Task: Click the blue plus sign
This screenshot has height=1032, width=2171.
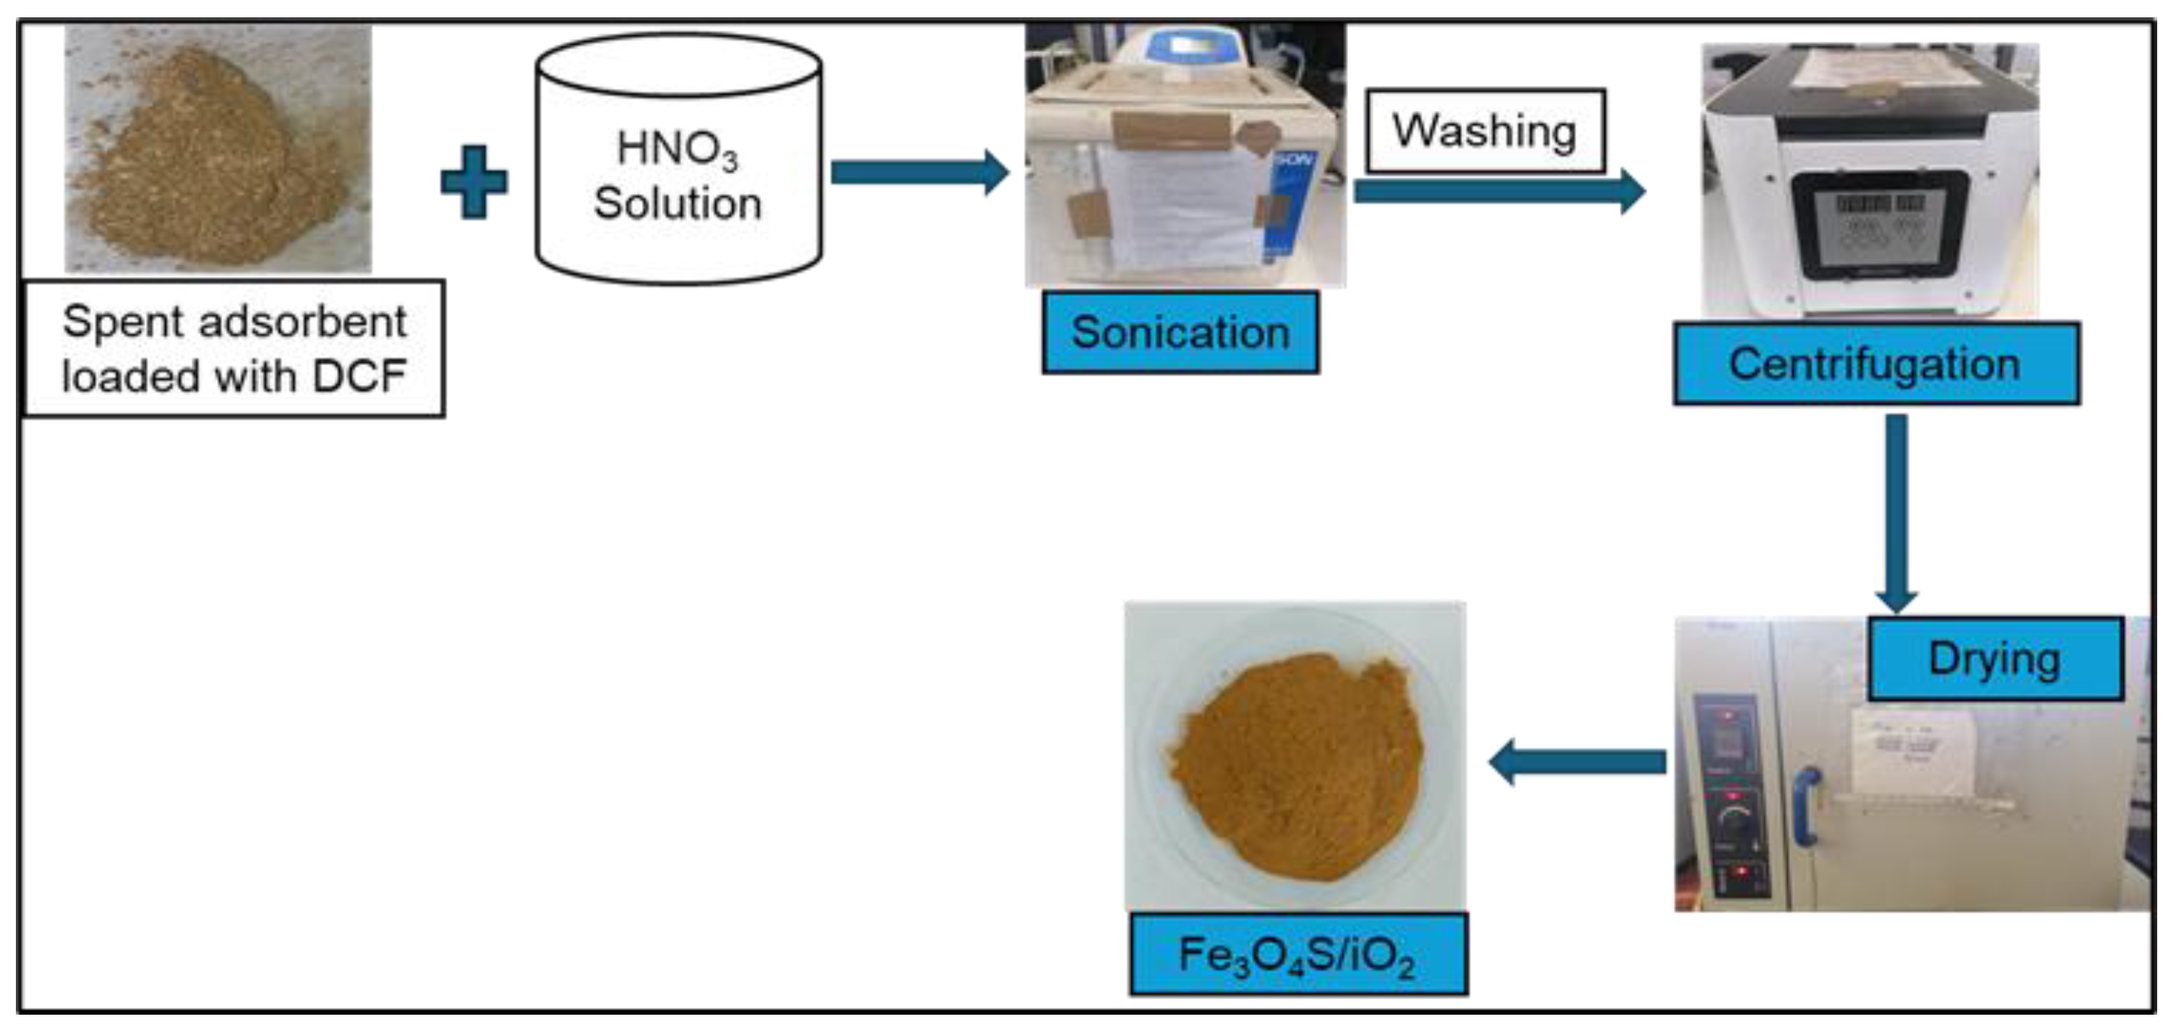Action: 474,182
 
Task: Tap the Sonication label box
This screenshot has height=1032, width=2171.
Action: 1180,332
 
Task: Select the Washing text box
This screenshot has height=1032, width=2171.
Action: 1485,131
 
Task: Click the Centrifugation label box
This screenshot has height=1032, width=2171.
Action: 1876,364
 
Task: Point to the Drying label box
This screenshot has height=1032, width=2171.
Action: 1994,658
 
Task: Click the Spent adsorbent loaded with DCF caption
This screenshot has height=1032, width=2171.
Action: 234,348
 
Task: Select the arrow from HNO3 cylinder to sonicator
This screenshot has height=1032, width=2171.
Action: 918,173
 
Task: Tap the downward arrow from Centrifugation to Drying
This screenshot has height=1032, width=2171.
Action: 1896,514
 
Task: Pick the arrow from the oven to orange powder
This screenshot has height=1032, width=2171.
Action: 1576,762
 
